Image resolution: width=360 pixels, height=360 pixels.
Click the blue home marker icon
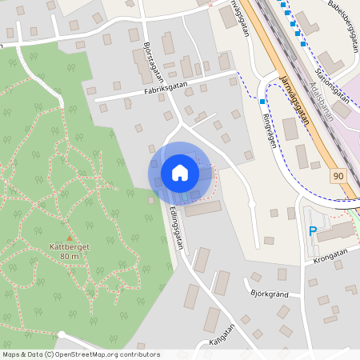(180, 173)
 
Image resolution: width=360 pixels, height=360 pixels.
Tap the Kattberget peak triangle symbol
(70, 238)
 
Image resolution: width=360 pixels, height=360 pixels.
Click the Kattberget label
(69, 247)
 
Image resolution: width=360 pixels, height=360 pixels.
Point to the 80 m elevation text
(69, 256)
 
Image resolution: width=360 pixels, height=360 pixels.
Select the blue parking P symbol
(313, 232)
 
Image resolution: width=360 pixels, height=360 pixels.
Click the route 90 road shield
(339, 174)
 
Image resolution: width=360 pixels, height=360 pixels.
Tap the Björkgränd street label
(268, 294)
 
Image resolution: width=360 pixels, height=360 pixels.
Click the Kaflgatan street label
(223, 333)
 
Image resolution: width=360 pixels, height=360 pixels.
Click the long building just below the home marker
(202, 209)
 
